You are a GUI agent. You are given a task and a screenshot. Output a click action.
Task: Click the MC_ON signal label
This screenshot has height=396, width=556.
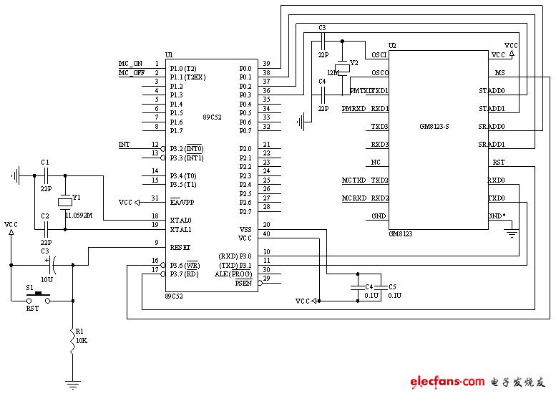[x=130, y=64]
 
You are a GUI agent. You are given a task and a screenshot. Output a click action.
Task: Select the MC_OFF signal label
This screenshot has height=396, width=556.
[x=132, y=73]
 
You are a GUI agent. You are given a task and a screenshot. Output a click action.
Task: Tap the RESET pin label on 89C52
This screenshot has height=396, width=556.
[x=180, y=246]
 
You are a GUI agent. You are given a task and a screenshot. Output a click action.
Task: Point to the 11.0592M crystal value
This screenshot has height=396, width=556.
[x=80, y=214]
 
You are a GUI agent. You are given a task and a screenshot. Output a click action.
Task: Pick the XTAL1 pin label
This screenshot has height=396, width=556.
[x=180, y=230]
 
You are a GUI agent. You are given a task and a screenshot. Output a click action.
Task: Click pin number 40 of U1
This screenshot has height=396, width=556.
[x=266, y=234]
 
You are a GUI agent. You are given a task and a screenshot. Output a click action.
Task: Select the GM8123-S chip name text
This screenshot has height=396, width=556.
[x=434, y=127]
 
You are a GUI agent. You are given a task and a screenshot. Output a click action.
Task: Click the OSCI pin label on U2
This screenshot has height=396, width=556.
[x=379, y=55]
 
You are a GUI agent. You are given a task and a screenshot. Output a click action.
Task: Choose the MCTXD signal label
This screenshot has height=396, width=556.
[x=355, y=180]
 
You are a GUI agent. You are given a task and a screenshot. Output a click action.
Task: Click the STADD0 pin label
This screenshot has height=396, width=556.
[x=492, y=91]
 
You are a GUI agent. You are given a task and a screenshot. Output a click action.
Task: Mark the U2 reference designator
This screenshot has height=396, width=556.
[x=392, y=45]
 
